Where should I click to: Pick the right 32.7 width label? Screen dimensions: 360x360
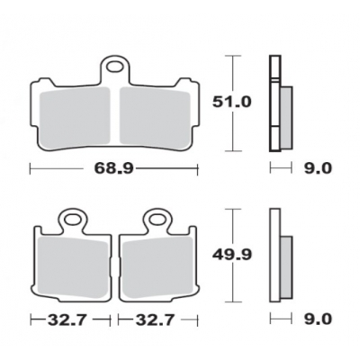coord(154,319)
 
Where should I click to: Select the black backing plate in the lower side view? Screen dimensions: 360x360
coord(274,256)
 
